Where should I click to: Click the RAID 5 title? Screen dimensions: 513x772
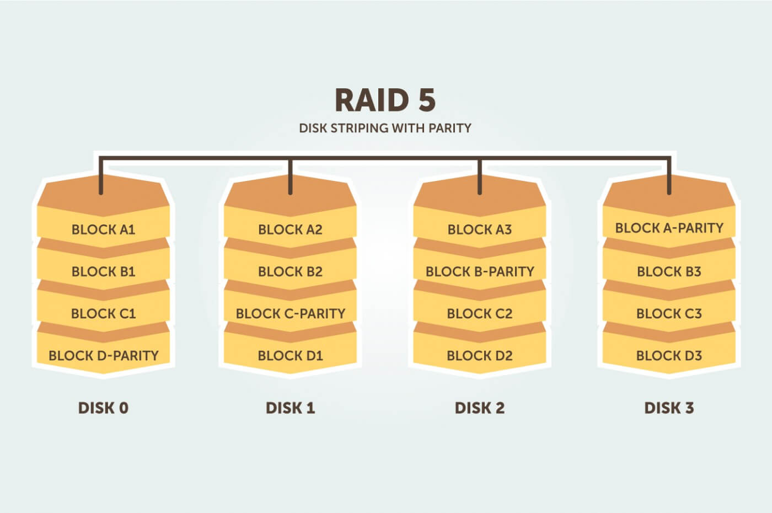tap(385, 100)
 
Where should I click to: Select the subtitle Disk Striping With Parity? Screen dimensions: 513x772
tap(385, 128)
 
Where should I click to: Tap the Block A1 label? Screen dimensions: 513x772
tap(103, 229)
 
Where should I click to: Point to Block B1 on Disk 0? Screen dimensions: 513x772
tap(103, 271)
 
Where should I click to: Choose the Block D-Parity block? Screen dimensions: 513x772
tap(103, 355)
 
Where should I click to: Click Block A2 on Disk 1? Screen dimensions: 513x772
tap(290, 229)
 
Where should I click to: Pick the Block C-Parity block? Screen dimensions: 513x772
tap(290, 313)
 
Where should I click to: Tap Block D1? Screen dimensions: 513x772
tap(290, 355)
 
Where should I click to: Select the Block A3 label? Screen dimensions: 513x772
tap(479, 229)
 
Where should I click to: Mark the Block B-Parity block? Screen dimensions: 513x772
tap(479, 271)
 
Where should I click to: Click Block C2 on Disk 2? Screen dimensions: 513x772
tap(479, 313)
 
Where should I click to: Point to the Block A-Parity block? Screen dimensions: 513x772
tap(669, 228)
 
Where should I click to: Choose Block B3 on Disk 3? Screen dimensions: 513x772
tap(669, 271)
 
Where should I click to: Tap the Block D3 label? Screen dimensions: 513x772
tap(669, 355)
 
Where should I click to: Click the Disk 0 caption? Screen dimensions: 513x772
tap(103, 408)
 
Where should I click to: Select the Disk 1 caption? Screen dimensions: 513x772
tap(290, 408)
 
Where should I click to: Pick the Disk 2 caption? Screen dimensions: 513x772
tap(479, 408)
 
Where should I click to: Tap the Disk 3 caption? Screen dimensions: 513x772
tap(669, 408)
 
